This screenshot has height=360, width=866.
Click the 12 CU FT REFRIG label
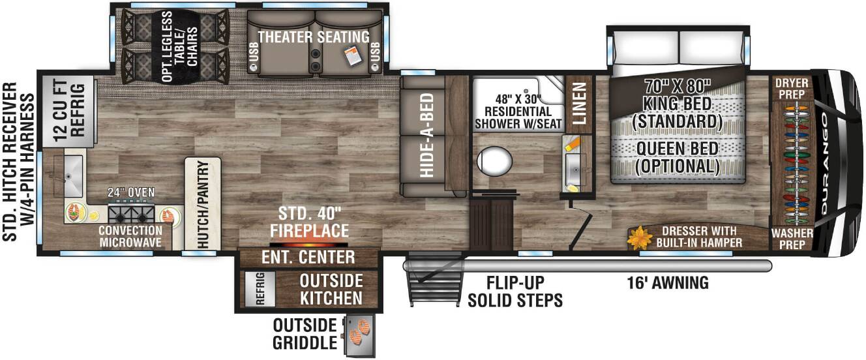click(x=69, y=111)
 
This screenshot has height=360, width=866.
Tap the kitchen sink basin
click(x=72, y=175)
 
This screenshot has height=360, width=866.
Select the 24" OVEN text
click(x=131, y=192)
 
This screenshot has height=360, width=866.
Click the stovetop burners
click(x=131, y=214)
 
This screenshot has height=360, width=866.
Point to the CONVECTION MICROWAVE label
click(x=130, y=236)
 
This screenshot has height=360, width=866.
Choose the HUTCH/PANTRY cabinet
click(x=203, y=203)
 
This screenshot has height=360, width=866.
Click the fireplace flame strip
click(x=308, y=245)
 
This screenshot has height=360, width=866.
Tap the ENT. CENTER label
click(x=308, y=257)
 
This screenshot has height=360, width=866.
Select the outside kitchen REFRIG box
click(x=260, y=289)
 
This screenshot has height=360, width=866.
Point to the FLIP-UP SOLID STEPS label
click(x=515, y=292)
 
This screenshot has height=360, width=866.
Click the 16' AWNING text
click(x=668, y=282)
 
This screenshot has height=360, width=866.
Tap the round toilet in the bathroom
click(x=494, y=160)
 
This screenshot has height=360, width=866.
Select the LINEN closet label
click(x=579, y=103)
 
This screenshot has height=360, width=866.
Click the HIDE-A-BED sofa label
click(x=426, y=136)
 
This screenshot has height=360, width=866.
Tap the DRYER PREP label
click(x=792, y=89)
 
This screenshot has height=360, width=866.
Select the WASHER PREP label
click(x=792, y=239)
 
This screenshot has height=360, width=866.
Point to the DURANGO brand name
click(x=824, y=164)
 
